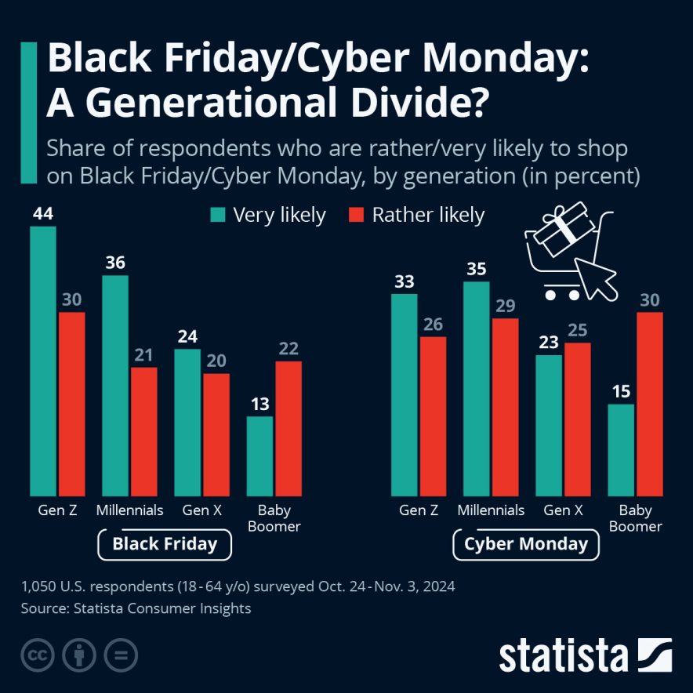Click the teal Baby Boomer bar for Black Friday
(x=259, y=454)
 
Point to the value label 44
(x=43, y=213)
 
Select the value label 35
(x=477, y=269)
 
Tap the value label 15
(x=621, y=391)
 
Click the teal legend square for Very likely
(x=217, y=215)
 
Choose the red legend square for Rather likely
(x=355, y=215)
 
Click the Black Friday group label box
(x=165, y=544)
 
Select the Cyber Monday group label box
(x=526, y=544)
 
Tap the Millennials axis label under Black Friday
(x=130, y=510)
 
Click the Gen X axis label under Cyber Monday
(x=563, y=510)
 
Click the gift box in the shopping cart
(x=560, y=231)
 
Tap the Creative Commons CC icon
(x=38, y=655)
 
